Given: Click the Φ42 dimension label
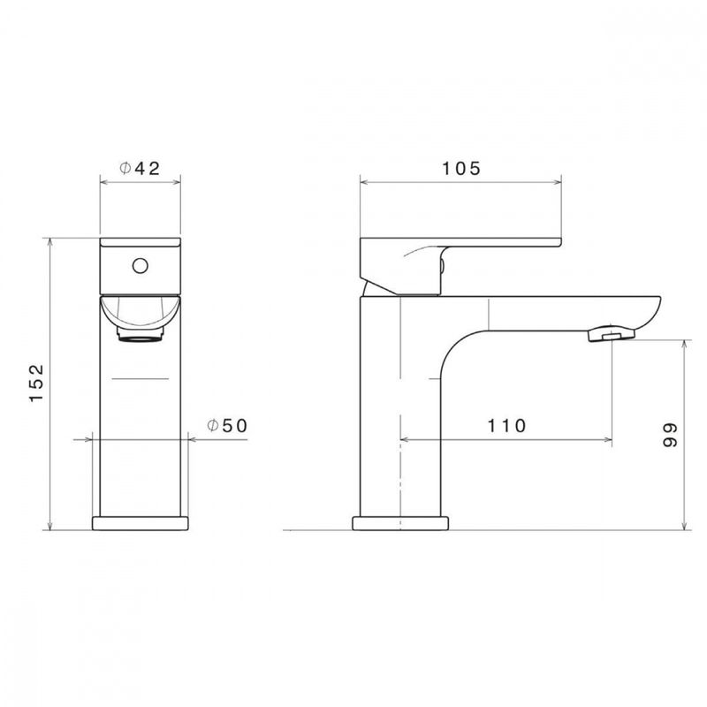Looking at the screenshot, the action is tap(140, 169).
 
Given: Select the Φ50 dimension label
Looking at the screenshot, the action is tap(227, 426).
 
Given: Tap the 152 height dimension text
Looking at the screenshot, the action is tap(36, 383).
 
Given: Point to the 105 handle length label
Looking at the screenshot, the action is tap(461, 169).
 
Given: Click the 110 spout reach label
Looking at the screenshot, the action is tap(506, 426).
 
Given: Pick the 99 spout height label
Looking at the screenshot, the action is tap(670, 435).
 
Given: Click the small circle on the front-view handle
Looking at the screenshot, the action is tap(141, 266).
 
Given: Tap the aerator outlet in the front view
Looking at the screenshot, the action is tap(141, 335).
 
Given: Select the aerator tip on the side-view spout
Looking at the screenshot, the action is tap(611, 335).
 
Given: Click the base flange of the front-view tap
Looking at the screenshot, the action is tap(141, 523).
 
